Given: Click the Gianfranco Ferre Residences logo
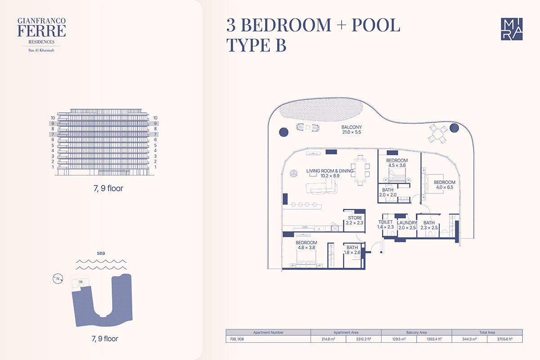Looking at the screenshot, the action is tap(41, 35).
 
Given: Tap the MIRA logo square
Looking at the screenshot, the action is tap(512, 29).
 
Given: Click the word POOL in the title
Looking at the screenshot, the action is tap(376, 25).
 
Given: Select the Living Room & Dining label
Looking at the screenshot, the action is tap(330, 173).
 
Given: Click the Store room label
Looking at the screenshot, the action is tap(355, 220).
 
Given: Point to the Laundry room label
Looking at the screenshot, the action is tap(407, 225).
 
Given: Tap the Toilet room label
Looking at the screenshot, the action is tap(386, 224).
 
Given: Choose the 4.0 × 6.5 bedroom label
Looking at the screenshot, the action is tap(445, 184).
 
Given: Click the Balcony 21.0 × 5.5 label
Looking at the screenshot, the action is tap(351, 130).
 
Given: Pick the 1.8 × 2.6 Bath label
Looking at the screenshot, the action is tap(352, 250).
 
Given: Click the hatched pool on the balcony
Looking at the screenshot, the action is tap(321, 110).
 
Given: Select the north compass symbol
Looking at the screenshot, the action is tap(58, 279).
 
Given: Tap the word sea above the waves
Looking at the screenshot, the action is tap(101, 253).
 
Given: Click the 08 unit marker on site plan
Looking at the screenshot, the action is tap(81, 282).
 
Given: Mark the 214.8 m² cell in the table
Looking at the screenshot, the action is tap(328, 339).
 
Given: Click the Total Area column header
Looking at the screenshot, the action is tap(487, 332).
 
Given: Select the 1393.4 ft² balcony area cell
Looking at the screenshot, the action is tap(434, 339).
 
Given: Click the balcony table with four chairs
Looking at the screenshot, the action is tap(438, 133).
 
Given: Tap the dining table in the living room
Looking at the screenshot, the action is tap(360, 170).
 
